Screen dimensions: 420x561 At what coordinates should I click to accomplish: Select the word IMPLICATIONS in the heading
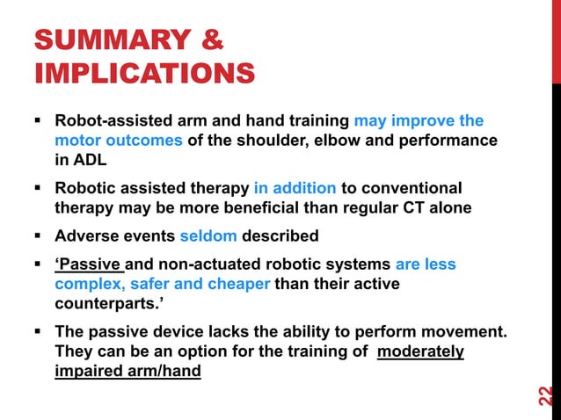point(144,74)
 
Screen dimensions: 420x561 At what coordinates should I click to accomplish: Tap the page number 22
point(544,395)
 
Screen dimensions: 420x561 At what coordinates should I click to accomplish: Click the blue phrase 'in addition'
point(295,188)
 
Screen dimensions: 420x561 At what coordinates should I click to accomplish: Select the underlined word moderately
point(426,351)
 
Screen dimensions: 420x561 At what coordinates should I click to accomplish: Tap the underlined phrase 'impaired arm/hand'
point(127,372)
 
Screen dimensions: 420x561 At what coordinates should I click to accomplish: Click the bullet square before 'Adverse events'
point(40,235)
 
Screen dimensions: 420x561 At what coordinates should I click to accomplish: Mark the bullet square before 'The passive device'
point(40,332)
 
